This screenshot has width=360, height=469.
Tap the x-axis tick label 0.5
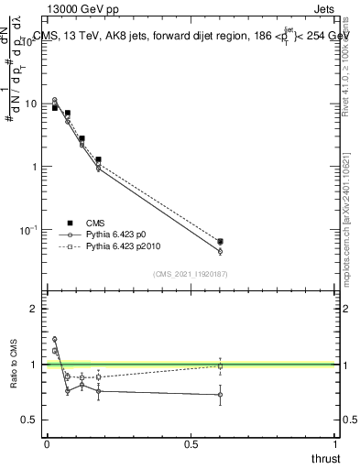pyautogui.click(x=191, y=445)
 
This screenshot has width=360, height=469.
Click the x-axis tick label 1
pyautogui.click(x=335, y=445)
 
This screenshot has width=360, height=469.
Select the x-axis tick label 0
pyautogui.click(x=47, y=445)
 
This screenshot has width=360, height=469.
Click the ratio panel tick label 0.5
pyautogui.click(x=27, y=420)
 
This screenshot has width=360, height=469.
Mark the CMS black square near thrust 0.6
pyautogui.click(x=220, y=242)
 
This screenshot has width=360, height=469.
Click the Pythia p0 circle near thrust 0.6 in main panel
pyautogui.click(x=220, y=251)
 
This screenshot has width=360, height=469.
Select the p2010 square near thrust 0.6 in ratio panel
pyautogui.click(x=220, y=366)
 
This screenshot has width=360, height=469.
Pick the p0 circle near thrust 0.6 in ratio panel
pyautogui.click(x=220, y=395)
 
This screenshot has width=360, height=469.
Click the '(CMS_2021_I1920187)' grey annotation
pyautogui.click(x=190, y=274)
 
